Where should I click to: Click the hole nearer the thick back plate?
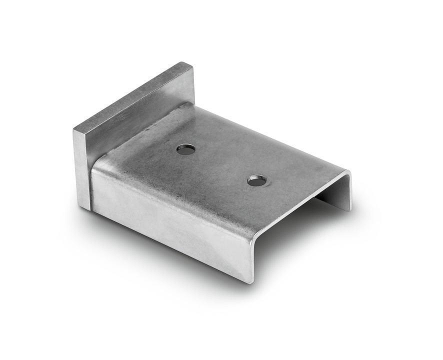pyautogui.click(x=186, y=148)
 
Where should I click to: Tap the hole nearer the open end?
pyautogui.click(x=256, y=180)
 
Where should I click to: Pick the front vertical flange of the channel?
pyautogui.click(x=170, y=215)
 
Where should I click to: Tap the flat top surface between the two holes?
pyautogui.click(x=220, y=165)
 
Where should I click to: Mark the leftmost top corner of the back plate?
pyautogui.click(x=74, y=130)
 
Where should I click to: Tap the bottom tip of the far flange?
pyautogui.click(x=349, y=209)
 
